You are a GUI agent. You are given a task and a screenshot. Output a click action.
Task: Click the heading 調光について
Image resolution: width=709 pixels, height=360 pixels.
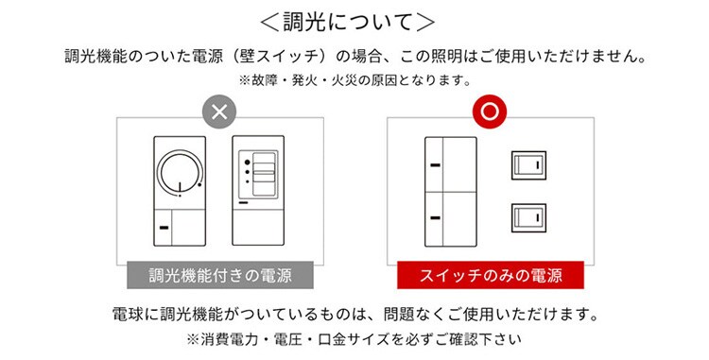click(x=347, y=22)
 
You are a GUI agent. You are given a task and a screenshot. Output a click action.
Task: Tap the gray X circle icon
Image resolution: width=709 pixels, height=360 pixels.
click(x=219, y=111)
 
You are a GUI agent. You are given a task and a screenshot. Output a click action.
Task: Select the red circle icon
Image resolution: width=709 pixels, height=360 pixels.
click(x=490, y=111)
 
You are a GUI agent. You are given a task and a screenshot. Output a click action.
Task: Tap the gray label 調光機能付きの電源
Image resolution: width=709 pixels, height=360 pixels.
click(x=220, y=275)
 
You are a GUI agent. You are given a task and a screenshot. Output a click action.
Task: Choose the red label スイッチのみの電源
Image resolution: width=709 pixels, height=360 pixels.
click(x=491, y=275)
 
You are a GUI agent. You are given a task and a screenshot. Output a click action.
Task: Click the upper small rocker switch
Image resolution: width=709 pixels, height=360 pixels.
click(x=528, y=165)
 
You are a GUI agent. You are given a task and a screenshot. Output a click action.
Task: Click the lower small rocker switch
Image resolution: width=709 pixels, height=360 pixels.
click(x=528, y=217)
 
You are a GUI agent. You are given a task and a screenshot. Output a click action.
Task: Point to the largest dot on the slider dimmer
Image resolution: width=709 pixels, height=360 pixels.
click(x=247, y=163)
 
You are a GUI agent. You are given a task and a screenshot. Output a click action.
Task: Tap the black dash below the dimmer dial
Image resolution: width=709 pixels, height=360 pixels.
click(x=164, y=228)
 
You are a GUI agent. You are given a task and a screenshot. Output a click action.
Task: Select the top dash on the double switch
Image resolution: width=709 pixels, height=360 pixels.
click(x=436, y=165)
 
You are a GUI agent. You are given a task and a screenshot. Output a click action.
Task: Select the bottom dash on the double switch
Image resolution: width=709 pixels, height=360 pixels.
click(x=436, y=218)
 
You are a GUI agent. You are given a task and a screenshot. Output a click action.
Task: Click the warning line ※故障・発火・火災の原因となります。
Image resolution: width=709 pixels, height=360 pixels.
click(x=355, y=80)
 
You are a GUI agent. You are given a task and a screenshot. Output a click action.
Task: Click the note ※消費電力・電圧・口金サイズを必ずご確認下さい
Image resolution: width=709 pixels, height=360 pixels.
click(x=354, y=339)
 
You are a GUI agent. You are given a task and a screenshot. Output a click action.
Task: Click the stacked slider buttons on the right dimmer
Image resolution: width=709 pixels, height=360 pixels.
click(x=264, y=174)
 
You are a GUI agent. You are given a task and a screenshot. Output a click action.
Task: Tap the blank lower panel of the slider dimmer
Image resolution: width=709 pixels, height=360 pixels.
click(x=258, y=226)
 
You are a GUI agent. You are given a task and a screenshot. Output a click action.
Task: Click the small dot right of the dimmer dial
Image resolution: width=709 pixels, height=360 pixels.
click(x=199, y=184)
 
